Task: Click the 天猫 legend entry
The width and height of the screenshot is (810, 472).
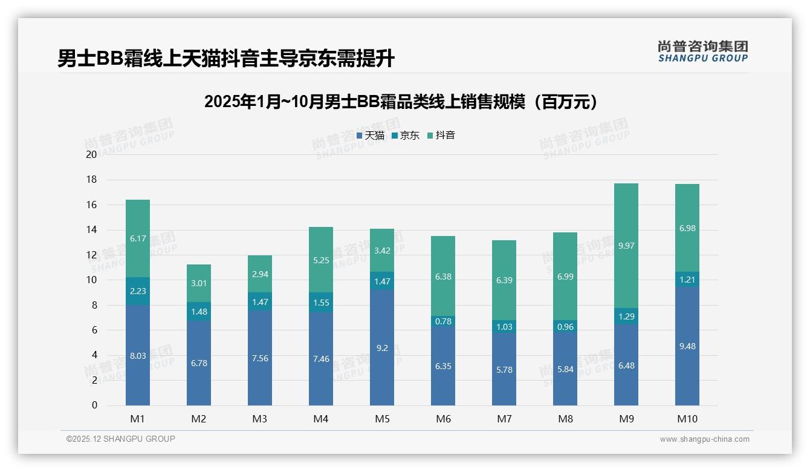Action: [x=370, y=136]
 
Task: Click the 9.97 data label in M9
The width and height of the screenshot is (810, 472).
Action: [x=626, y=246]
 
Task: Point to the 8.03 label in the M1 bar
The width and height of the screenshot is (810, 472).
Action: [x=138, y=356]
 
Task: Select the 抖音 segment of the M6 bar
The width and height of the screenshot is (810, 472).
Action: [x=443, y=276]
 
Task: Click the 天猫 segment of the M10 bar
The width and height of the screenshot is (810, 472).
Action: [x=687, y=346]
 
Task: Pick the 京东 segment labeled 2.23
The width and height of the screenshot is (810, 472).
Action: [x=138, y=291]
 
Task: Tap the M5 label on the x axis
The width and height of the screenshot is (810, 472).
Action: [x=382, y=419]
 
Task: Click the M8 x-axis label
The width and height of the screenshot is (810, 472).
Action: [x=565, y=419]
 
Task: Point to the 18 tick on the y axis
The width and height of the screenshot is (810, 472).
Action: [x=91, y=180]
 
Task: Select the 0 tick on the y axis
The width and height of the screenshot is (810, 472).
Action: [x=94, y=405]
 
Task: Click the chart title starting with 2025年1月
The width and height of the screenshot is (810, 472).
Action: [x=401, y=102]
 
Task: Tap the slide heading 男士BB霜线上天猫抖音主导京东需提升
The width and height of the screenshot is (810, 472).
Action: [x=226, y=59]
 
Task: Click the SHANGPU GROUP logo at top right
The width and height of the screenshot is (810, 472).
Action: [x=702, y=51]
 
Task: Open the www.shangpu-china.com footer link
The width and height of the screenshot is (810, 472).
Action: [x=704, y=439]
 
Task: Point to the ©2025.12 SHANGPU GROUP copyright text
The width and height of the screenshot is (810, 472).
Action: [x=121, y=439]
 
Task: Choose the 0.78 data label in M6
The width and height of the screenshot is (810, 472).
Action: [x=443, y=321]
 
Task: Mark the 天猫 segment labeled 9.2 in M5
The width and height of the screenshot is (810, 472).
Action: [x=382, y=348]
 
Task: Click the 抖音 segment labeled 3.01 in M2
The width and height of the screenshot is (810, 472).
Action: [x=199, y=283]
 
